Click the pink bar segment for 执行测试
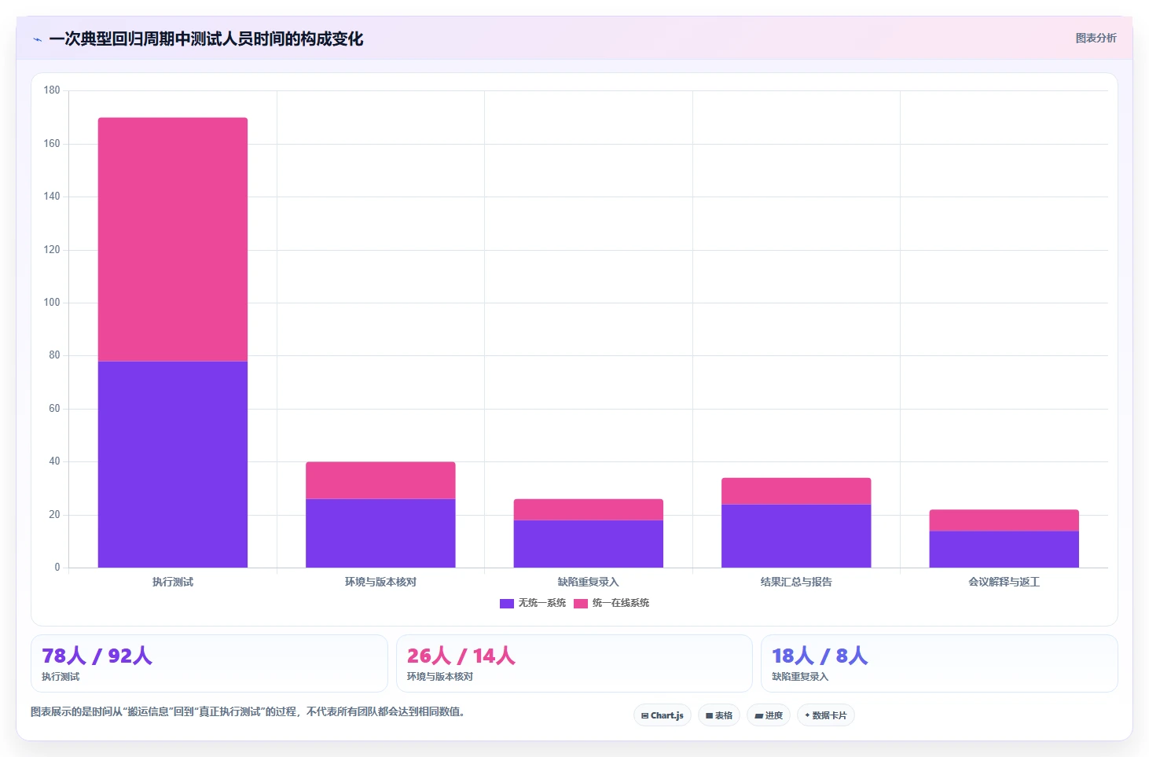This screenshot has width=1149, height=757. coord(173,239)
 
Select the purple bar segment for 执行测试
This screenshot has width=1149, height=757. coord(173,465)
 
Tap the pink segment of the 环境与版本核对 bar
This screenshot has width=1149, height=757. coord(380,480)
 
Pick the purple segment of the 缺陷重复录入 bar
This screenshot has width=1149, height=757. coord(589,544)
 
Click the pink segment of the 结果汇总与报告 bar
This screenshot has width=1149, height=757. coord(796,491)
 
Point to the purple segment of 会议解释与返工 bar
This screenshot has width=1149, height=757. coord(1004,549)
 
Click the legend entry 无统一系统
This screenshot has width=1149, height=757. coord(533,603)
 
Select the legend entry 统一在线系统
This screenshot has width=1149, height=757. coord(611,603)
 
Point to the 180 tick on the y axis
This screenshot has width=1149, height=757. coord(52,90)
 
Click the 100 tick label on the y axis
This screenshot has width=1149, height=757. coord(52,303)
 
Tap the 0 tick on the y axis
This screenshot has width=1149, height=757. coord(57,567)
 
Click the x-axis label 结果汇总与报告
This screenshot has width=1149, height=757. coord(796,582)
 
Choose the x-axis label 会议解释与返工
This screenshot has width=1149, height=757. coord(1004,582)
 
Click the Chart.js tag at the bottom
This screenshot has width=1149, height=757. coord(663,715)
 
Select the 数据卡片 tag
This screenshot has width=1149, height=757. coord(826,715)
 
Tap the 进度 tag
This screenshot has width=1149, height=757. coord(769,715)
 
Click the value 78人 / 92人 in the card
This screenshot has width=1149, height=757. coord(97,656)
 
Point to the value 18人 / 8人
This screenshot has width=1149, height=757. coord(820,656)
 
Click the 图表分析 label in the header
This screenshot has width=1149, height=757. coord(1096,38)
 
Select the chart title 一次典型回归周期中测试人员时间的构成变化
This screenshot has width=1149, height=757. coord(206,39)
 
